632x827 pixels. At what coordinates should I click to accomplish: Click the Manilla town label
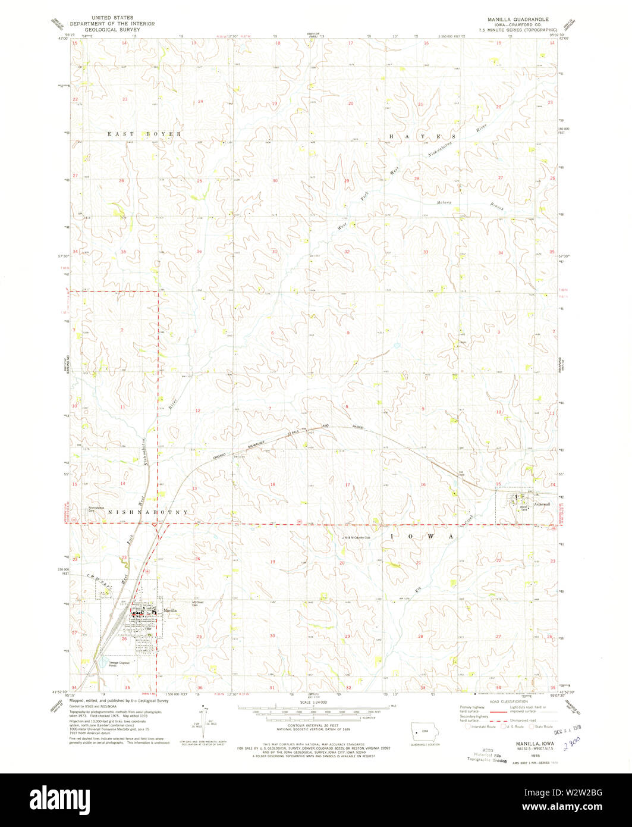[x=171, y=611]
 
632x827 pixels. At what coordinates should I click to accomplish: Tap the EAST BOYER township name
[x=144, y=134]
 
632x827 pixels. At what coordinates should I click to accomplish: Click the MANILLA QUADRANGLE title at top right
[x=518, y=19]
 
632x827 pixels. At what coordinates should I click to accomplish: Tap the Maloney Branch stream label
[x=474, y=205]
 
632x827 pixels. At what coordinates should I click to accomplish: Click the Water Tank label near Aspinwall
[x=524, y=509]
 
